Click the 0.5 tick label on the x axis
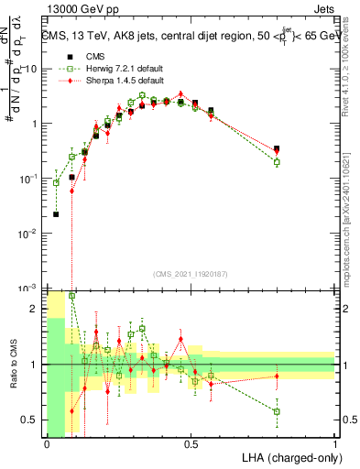click(191, 443)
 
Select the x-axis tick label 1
click(334, 443)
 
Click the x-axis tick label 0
click(47, 443)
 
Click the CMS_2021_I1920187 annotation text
click(191, 272)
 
